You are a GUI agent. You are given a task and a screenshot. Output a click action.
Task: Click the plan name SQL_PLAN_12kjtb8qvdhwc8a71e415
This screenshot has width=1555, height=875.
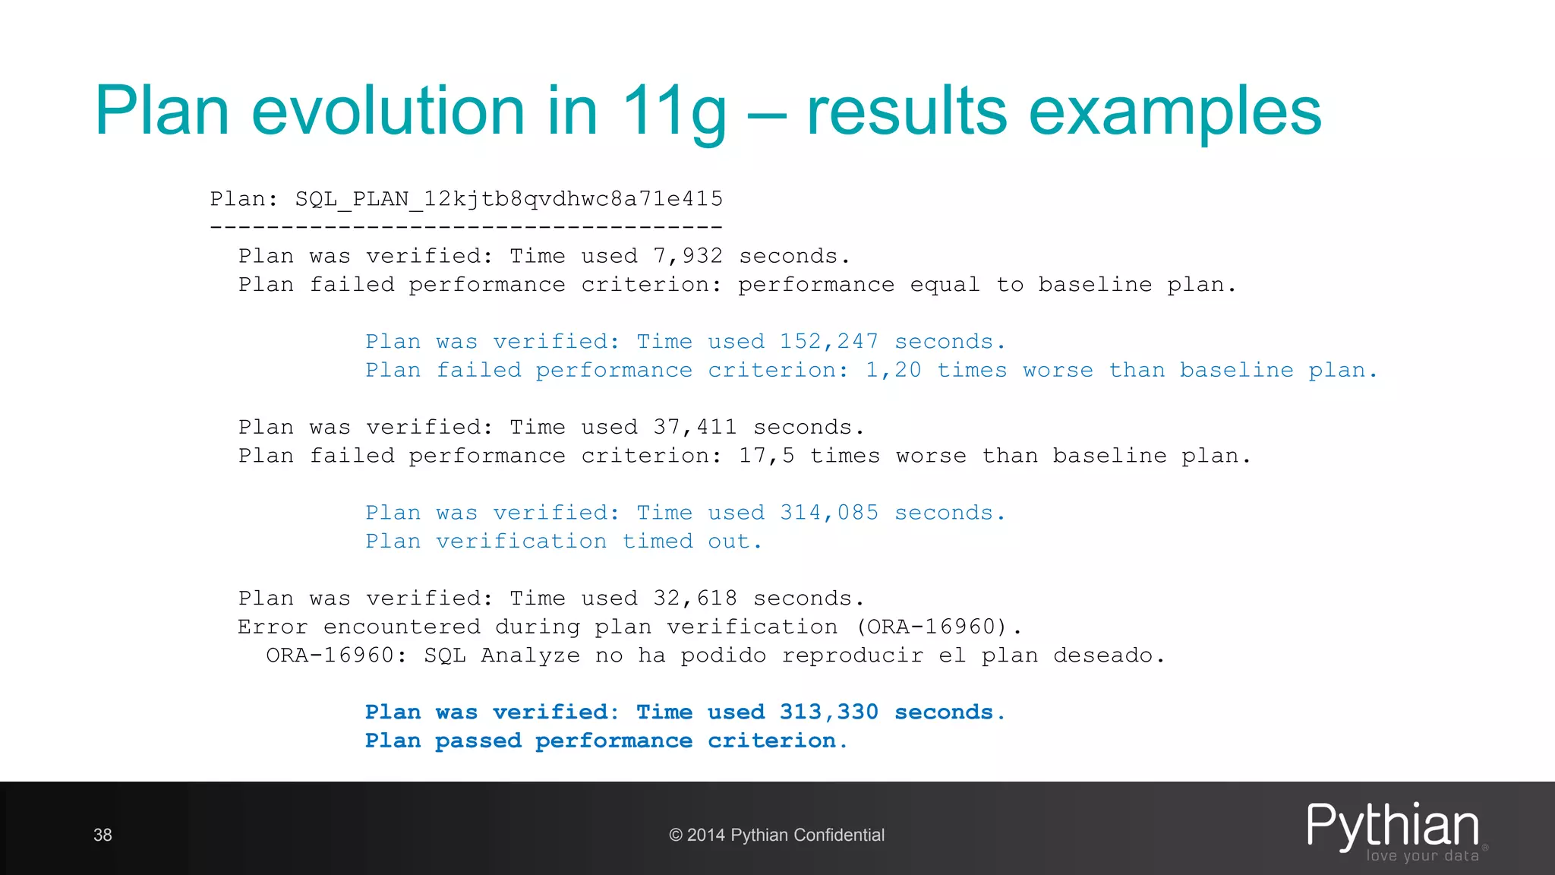509,199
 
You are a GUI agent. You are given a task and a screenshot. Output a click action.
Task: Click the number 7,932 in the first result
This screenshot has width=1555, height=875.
688,256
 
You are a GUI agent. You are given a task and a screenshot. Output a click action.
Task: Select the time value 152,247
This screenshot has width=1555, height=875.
828,342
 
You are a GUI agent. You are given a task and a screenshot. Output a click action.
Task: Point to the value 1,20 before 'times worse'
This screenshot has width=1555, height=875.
893,370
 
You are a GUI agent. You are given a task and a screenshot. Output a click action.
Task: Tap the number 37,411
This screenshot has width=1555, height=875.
695,427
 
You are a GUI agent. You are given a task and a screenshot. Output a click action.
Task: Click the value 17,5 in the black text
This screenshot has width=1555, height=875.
766,456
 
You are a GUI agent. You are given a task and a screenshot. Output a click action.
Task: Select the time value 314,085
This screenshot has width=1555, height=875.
828,513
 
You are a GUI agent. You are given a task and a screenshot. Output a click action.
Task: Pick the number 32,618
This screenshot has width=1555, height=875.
695,599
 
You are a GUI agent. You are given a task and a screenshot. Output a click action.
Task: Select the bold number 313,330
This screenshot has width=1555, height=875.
828,712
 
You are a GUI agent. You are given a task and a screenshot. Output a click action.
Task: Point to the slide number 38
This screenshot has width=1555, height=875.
103,836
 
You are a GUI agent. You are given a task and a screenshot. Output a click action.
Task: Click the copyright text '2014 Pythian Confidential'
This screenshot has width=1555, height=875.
785,836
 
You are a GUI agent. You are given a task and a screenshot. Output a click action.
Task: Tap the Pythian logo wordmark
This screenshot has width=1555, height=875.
1393,826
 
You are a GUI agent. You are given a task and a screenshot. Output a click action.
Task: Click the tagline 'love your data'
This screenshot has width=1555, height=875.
1422,856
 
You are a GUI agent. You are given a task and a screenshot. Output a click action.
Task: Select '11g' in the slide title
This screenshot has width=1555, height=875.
673,112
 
